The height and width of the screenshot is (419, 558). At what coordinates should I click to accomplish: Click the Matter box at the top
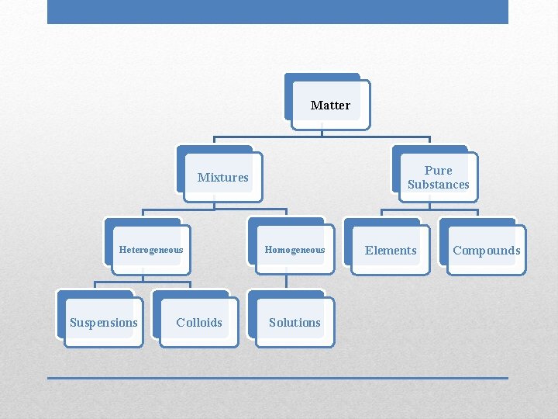click(331, 105)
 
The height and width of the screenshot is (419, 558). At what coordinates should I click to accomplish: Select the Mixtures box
click(223, 177)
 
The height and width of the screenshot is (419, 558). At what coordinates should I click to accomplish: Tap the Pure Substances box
click(439, 177)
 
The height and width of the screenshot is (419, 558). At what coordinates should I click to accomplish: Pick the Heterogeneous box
click(151, 250)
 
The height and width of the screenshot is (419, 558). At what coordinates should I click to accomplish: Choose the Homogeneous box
click(295, 250)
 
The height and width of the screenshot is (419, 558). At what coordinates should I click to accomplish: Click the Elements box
click(391, 250)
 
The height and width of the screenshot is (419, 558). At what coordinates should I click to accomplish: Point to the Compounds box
click(486, 250)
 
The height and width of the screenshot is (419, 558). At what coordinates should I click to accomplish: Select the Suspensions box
click(104, 322)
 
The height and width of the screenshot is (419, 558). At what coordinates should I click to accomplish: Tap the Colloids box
click(199, 322)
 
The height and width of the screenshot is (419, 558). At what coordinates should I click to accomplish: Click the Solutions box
click(294, 322)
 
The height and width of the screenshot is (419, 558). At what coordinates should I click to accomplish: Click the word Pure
click(439, 170)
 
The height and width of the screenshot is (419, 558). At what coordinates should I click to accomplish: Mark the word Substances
click(439, 185)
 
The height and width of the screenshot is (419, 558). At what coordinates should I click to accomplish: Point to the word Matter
click(331, 105)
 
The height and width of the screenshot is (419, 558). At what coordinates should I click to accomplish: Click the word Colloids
click(199, 322)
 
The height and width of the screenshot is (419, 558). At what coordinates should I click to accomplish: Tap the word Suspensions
click(104, 322)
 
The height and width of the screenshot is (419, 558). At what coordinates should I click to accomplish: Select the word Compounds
click(487, 250)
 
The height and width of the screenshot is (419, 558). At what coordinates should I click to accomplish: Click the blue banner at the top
click(277, 12)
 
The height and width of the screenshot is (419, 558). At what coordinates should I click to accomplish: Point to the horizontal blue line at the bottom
click(277, 378)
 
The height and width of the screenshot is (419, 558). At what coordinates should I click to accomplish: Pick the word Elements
click(391, 250)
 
